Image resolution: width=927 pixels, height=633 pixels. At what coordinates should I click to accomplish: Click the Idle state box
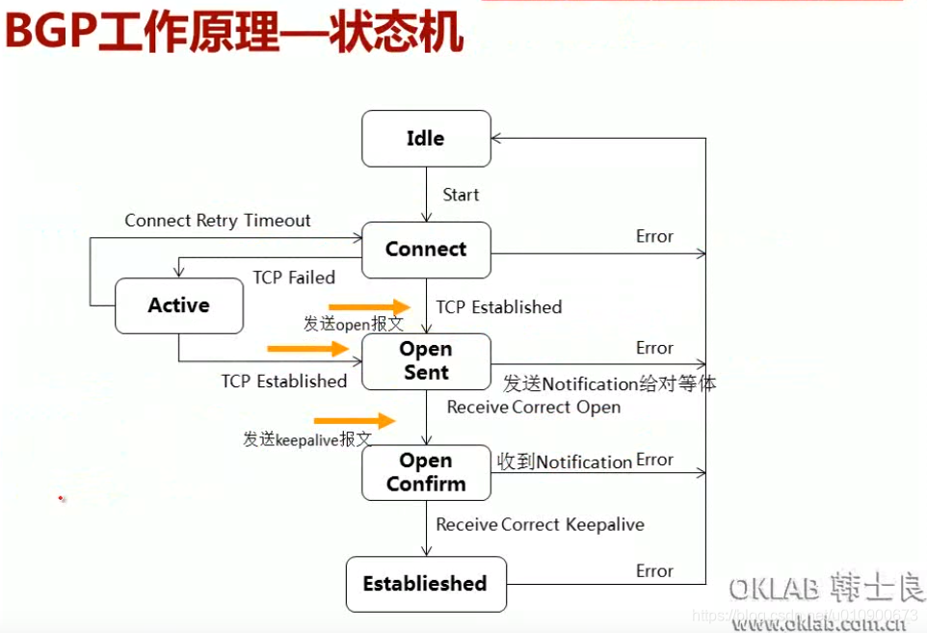pyautogui.click(x=425, y=139)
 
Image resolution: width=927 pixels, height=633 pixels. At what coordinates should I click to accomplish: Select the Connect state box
pyautogui.click(x=425, y=250)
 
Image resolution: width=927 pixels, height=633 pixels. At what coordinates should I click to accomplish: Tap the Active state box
pyautogui.click(x=178, y=305)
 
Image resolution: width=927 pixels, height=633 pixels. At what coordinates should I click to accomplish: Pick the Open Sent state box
pyautogui.click(x=425, y=361)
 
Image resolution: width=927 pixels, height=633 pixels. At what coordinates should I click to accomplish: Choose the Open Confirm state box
pyautogui.click(x=425, y=472)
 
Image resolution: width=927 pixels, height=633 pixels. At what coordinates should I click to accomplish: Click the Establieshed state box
pyautogui.click(x=425, y=584)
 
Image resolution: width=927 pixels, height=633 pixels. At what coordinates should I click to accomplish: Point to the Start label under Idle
pyautogui.click(x=461, y=195)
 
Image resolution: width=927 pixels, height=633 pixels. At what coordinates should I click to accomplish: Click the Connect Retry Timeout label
pyautogui.click(x=218, y=221)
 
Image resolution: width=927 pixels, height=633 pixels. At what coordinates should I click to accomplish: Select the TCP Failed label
pyautogui.click(x=294, y=277)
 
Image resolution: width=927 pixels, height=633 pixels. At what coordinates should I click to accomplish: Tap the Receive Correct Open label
pyautogui.click(x=534, y=408)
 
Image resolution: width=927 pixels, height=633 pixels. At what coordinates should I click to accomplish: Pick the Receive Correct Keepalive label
pyautogui.click(x=540, y=525)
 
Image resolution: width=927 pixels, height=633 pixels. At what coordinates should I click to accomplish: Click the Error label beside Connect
pyautogui.click(x=654, y=236)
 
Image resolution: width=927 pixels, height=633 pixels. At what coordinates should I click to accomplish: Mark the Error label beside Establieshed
pyautogui.click(x=654, y=571)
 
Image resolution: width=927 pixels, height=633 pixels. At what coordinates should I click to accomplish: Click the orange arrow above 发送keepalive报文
pyautogui.click(x=355, y=420)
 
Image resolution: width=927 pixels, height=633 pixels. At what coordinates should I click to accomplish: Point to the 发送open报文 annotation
pyautogui.click(x=354, y=325)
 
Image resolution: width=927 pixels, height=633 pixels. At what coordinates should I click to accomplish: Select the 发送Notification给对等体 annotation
pyautogui.click(x=609, y=384)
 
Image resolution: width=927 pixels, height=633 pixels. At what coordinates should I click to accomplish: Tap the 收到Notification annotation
pyautogui.click(x=564, y=462)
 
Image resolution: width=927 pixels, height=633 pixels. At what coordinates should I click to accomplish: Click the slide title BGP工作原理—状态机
pyautogui.click(x=234, y=33)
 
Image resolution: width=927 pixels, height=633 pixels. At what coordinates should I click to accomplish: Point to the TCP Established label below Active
pyautogui.click(x=284, y=382)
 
